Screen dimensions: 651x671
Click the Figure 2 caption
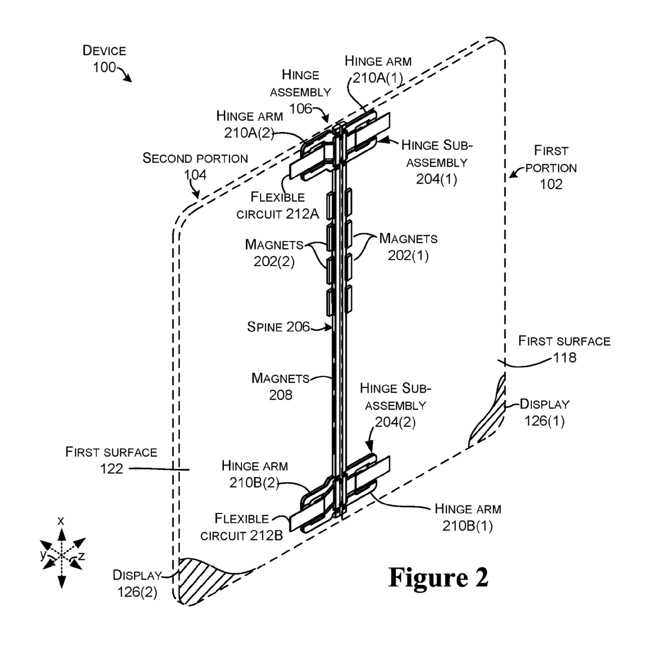[x=438, y=577]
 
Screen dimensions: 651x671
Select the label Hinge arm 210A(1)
[x=378, y=68]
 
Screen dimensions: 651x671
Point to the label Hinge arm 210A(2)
[x=249, y=124]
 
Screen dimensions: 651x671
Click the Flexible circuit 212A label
[x=277, y=205]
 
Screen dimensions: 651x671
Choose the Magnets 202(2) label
[x=274, y=253]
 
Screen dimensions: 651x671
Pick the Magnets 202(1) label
[x=407, y=247]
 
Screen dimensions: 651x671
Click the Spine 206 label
[x=278, y=327]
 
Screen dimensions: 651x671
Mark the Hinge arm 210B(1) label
[x=467, y=517]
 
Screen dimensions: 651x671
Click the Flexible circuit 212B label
[x=241, y=526]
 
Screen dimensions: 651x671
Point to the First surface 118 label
[x=564, y=349]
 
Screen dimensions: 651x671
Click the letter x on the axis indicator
[x=61, y=520]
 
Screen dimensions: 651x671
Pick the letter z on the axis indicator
[x=82, y=556]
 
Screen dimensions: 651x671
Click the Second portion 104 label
[x=195, y=166]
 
